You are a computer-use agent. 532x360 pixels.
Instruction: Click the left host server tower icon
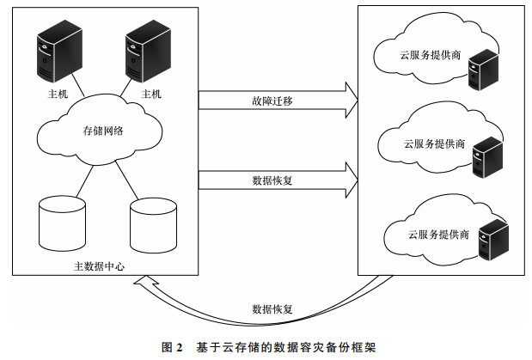[x=59, y=51]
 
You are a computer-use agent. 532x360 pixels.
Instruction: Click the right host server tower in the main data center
[x=149, y=51]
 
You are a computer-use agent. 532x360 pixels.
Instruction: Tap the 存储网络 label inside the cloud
[x=103, y=131]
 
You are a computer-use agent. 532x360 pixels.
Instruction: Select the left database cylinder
[x=62, y=223]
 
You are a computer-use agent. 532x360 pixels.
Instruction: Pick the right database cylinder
[x=153, y=225]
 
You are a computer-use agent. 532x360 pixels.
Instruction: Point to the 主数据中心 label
[x=99, y=266]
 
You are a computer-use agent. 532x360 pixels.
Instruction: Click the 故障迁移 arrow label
[x=272, y=101]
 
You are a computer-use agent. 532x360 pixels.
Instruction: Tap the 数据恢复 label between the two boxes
[x=272, y=180]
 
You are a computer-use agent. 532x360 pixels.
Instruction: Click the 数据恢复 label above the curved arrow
[x=272, y=309]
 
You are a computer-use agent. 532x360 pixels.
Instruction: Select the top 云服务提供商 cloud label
[x=430, y=55]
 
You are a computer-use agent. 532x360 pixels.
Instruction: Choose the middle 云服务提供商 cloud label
[x=434, y=143]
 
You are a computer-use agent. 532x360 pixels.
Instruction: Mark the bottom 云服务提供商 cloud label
[x=438, y=235]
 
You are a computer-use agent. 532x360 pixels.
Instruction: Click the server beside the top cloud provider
[x=483, y=70]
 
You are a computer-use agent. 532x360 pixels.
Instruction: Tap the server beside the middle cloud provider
[x=487, y=157]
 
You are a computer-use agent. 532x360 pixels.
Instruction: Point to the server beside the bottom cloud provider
[x=493, y=240]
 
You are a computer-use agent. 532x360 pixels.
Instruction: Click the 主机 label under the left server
[x=58, y=94]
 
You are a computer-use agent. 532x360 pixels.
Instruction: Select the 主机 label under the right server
[x=151, y=94]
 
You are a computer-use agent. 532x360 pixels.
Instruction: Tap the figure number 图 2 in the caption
[x=172, y=347]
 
